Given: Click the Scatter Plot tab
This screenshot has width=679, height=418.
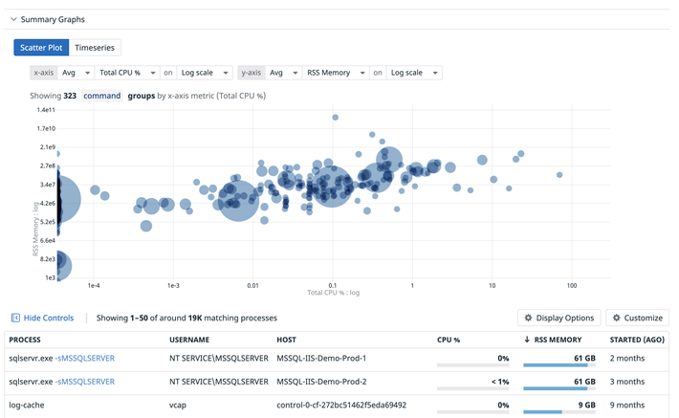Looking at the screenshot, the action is click(x=41, y=48).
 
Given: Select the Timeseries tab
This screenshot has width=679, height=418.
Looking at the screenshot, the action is click(x=95, y=48).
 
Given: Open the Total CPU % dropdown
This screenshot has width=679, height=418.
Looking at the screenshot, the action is click(x=127, y=73).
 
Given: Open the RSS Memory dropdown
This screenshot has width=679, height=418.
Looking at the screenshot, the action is click(x=336, y=73).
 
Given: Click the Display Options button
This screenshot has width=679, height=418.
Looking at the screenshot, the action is click(x=559, y=318).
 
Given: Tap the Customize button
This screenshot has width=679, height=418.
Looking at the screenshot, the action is click(x=638, y=318).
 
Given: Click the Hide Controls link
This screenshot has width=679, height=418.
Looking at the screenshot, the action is click(x=42, y=318).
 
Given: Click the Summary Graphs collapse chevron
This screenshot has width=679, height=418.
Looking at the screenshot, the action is click(x=13, y=19).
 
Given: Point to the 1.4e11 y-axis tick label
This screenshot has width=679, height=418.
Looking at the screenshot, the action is click(x=46, y=110).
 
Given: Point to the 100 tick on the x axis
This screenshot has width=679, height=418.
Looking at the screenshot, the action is click(x=572, y=285).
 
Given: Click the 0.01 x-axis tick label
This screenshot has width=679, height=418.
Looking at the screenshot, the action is click(x=252, y=285).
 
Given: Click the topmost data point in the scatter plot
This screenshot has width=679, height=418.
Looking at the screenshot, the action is click(x=335, y=118).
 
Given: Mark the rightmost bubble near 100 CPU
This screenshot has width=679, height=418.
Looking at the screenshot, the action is click(x=559, y=175).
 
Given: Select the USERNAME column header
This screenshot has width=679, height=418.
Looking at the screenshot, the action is click(x=189, y=340).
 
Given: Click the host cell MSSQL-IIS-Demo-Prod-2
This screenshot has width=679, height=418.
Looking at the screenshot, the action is click(x=321, y=382).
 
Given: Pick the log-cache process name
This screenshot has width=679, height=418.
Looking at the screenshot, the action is click(x=27, y=405).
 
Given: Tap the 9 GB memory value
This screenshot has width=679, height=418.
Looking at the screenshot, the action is click(x=587, y=405).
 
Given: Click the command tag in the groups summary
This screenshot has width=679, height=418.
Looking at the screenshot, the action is click(x=101, y=96).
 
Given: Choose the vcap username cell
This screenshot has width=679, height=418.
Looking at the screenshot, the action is click(x=178, y=406).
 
